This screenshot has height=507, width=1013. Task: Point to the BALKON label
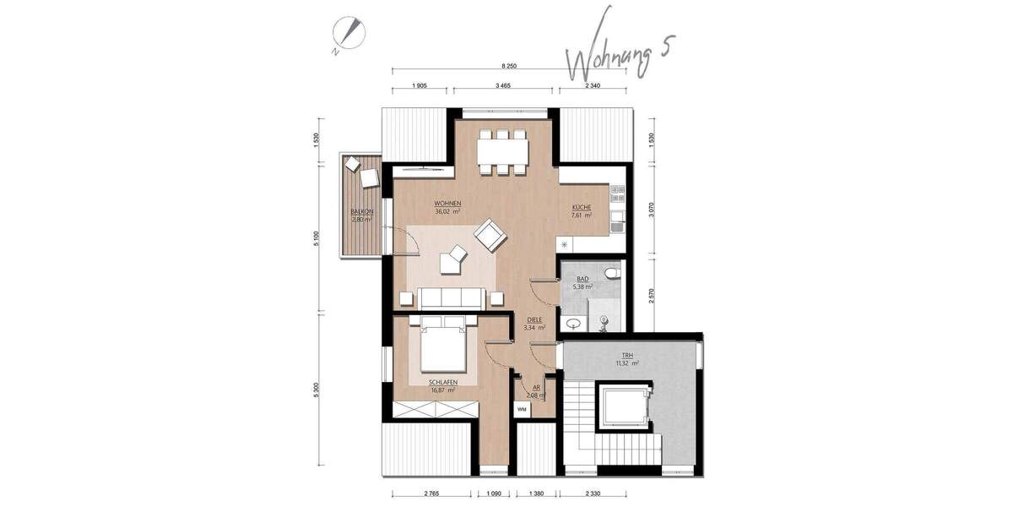pyautogui.click(x=362, y=215)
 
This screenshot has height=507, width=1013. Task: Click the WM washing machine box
pyautogui.click(x=523, y=408)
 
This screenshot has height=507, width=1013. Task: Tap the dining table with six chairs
pyautogui.click(x=502, y=152)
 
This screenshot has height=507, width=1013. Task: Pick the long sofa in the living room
pyautogui.click(x=452, y=297)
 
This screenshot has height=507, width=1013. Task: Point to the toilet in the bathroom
pyautogui.click(x=612, y=271)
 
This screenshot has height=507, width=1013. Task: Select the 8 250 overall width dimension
pyautogui.click(x=509, y=66)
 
